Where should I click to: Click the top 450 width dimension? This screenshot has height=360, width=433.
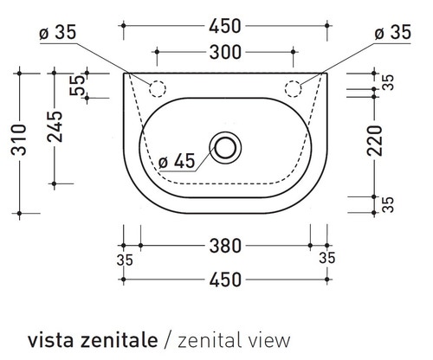(224, 26)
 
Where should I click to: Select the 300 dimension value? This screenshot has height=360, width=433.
(224, 52)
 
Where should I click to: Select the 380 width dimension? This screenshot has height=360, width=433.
(224, 247)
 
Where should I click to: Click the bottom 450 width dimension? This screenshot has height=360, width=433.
(224, 280)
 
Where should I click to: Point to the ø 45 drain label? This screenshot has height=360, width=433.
(178, 162)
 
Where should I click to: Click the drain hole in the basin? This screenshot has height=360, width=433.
(226, 146)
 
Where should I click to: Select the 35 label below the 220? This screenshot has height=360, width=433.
(388, 204)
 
